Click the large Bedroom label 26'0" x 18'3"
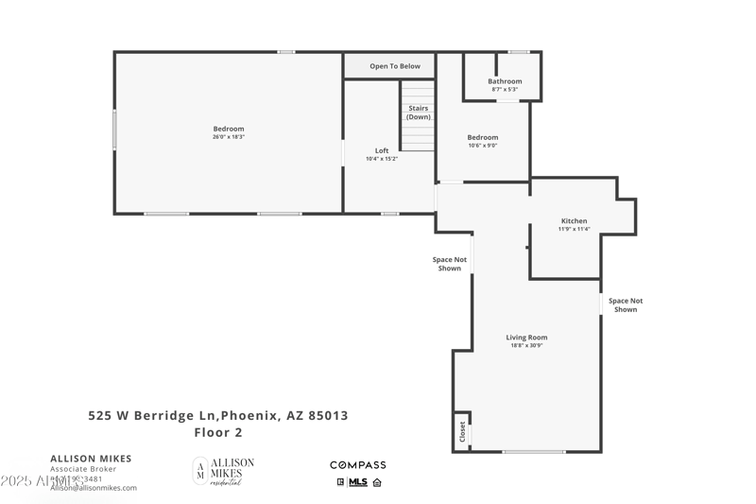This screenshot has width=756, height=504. point(228,129)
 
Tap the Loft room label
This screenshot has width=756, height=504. point(382,150)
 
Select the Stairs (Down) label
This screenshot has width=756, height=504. point(419,113)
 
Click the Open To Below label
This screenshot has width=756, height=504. point(395,66)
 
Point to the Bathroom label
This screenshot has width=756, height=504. point(505,81)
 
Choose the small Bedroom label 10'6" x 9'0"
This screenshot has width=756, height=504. point(482,137)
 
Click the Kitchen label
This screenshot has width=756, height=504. point(574,221)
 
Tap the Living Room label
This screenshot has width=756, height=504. point(526,338)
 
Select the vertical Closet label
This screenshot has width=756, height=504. point(462,431)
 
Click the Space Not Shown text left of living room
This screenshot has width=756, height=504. point(450,264)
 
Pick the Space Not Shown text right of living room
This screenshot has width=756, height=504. point(626,305)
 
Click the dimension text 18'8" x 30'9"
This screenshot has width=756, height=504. point(526,346)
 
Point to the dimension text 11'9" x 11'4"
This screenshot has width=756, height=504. point(574,230)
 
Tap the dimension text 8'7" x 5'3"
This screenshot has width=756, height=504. point(505,90)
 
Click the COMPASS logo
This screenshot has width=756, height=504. point(357,465)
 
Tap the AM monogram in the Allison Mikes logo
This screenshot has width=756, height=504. point(199,471)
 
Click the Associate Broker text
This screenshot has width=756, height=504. point(83,469)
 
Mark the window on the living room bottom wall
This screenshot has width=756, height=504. point(533,452)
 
